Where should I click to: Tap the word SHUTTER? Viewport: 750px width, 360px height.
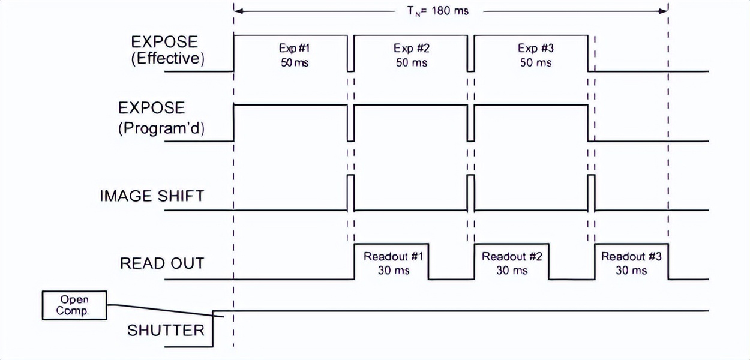(166, 330)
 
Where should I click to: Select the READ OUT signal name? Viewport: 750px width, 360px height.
(162, 263)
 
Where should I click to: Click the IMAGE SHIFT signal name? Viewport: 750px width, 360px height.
(152, 196)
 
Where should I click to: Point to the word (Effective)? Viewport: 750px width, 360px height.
(167, 59)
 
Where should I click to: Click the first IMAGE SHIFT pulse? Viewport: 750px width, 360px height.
(351, 193)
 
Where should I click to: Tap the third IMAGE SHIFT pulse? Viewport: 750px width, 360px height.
(591, 193)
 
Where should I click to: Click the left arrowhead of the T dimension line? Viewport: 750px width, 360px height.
(238, 11)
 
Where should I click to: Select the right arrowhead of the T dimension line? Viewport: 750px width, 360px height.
(664, 11)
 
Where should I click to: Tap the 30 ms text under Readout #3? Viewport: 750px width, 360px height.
(631, 271)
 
